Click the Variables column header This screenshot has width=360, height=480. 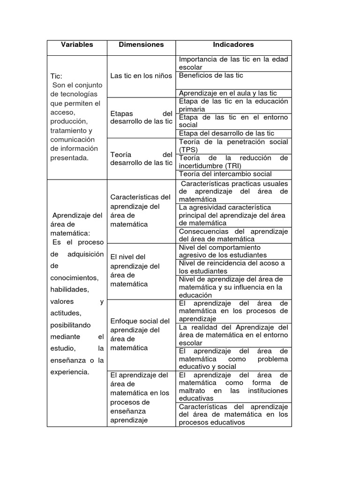(x=77, y=45)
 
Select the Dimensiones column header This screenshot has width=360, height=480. (x=141, y=45)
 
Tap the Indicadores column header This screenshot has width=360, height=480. (x=233, y=45)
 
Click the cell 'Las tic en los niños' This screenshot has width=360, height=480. (x=141, y=75)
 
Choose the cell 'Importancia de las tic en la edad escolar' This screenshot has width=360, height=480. (x=233, y=63)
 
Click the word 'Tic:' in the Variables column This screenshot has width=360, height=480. (x=56, y=76)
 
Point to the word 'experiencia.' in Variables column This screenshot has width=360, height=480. (x=69, y=372)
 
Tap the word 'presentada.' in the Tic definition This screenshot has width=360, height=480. (x=69, y=157)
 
